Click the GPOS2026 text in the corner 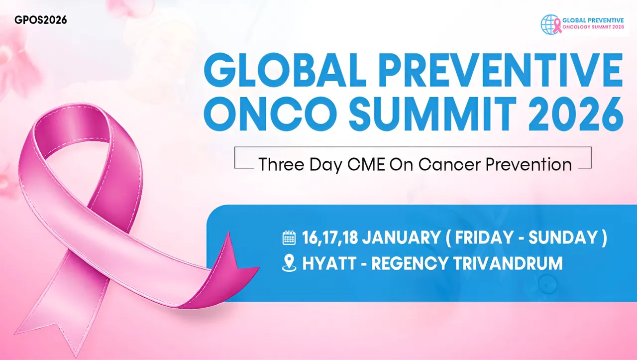[41, 20]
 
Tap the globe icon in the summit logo [549, 24]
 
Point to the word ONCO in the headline [271, 114]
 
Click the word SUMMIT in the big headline [432, 114]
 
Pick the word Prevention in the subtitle [529, 164]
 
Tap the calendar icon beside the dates [289, 238]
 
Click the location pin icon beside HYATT [289, 263]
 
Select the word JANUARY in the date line [401, 238]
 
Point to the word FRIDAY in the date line [484, 238]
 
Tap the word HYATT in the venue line [329, 263]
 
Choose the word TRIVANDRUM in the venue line [508, 263]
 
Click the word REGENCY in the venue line [410, 263]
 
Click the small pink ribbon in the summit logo [557, 26]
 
